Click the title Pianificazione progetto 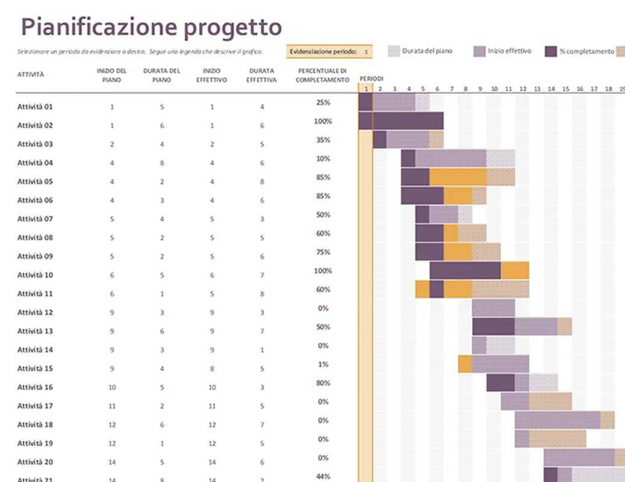pos(151,27)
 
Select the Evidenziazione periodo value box pos(365,52)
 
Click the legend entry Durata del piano pos(427,51)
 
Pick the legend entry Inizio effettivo pos(509,51)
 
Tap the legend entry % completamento pos(586,52)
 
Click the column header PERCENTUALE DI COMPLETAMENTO pos(322,75)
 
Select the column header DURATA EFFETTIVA pos(262,75)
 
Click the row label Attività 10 pos(35,275)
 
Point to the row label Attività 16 pos(35,387)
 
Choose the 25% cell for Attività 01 pos(323,102)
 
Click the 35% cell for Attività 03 pos(323,140)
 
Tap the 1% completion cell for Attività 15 pos(323,364)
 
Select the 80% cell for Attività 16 pos(323,383)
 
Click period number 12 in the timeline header pos(523,89)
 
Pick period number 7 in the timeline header pos(452,89)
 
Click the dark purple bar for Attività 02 pos(401,121)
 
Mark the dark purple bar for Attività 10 pos(465,271)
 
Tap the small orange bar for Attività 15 pos(465,364)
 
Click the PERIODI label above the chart pos(372,79)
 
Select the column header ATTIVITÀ pos(31,75)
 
